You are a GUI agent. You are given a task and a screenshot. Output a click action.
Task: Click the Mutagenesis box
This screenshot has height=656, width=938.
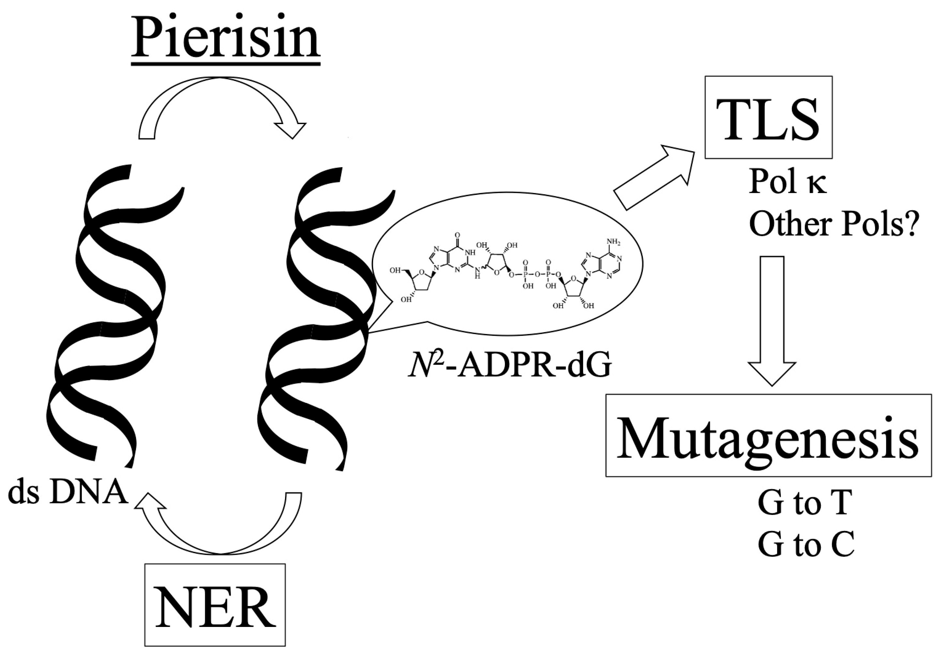click(x=768, y=436)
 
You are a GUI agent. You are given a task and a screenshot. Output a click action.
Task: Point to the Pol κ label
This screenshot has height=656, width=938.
click(x=787, y=182)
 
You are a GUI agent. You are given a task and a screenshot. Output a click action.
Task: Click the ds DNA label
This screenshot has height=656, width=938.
click(x=68, y=494)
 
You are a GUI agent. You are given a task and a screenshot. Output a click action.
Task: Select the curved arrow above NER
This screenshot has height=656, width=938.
click(x=220, y=528)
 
